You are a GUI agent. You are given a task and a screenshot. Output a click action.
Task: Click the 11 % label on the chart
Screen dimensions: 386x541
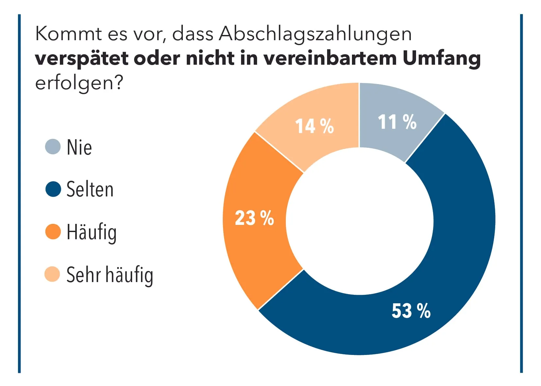click(397, 122)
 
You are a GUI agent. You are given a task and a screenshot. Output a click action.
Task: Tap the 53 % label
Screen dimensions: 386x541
click(411, 310)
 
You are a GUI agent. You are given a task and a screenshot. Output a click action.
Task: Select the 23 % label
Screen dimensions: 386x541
click(254, 218)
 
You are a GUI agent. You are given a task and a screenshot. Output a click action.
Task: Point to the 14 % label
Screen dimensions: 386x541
click(314, 126)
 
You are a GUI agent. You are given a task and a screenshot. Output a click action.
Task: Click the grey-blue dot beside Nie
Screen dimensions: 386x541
click(53, 146)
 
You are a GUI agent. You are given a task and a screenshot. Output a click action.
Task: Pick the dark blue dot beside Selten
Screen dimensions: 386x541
click(53, 189)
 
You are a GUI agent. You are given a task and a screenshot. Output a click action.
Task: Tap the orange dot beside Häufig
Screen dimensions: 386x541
click(53, 232)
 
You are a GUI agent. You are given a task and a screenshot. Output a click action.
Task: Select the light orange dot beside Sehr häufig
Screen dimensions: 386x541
click(52, 274)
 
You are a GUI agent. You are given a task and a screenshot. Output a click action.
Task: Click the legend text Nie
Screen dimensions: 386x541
click(79, 147)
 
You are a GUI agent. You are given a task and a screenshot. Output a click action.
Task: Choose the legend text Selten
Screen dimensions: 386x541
click(90, 190)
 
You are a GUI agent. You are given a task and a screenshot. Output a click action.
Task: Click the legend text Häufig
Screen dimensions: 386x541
click(92, 232)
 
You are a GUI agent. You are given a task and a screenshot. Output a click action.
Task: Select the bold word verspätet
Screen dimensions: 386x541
click(81, 59)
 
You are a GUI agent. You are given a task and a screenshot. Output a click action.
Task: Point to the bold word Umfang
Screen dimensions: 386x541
click(441, 59)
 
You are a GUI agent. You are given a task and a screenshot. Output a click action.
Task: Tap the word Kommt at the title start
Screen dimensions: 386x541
click(68, 34)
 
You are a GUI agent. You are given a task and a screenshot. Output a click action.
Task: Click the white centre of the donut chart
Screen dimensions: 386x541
click(359, 221)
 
